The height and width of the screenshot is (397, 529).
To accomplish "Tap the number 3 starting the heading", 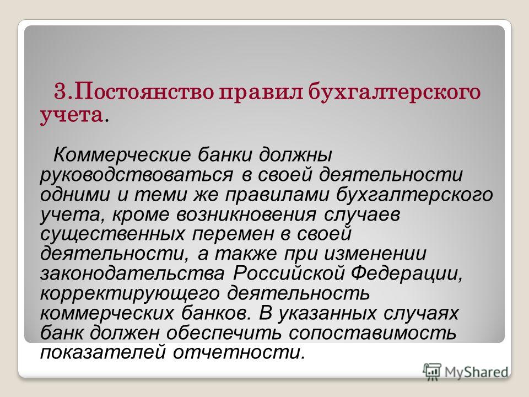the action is click(60, 92).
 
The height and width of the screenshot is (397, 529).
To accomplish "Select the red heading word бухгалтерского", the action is click(395, 92).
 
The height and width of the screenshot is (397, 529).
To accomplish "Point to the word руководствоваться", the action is click(136, 175).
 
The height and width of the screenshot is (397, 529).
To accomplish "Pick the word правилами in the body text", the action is click(277, 195).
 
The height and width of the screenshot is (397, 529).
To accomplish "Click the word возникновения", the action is click(246, 214).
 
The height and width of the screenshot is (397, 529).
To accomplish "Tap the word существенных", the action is click(112, 234).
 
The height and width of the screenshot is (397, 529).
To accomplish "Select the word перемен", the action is click(233, 234).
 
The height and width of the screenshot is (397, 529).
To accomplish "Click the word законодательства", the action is click(132, 274).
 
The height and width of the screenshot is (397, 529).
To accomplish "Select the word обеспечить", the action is click(224, 333).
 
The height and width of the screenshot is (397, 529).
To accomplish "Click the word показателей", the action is click(103, 352).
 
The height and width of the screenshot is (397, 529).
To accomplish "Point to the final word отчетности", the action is click(239, 352).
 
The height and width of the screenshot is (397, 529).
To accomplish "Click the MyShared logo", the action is click(466, 372).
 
